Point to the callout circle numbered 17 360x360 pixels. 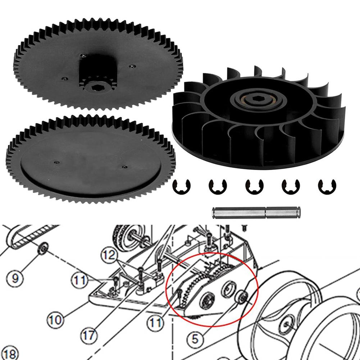click(x=88, y=336)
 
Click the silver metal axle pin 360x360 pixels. click(x=256, y=213)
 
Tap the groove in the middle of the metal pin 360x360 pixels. click(x=265, y=213)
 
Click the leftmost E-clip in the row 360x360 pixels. click(x=182, y=186)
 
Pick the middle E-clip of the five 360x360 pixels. click(x=255, y=186)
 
